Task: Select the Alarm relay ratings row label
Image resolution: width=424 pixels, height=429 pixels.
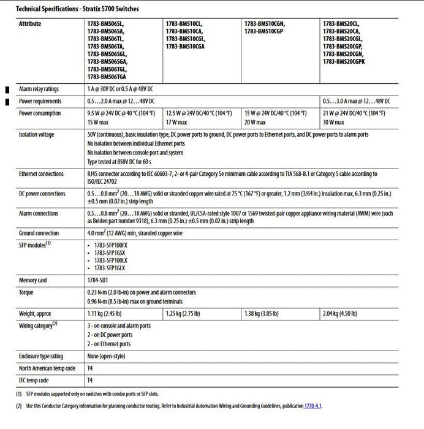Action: point(39,89)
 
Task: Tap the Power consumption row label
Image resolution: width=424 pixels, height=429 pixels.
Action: point(39,113)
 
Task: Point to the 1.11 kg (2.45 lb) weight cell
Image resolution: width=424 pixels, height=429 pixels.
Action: point(105,313)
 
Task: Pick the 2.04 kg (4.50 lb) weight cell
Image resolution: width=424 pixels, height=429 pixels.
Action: point(341,313)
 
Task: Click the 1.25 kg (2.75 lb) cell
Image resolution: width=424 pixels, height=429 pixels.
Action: point(183,313)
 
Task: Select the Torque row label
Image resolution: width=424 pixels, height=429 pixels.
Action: point(26,292)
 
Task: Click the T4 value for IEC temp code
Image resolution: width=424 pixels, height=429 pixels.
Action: point(90,380)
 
